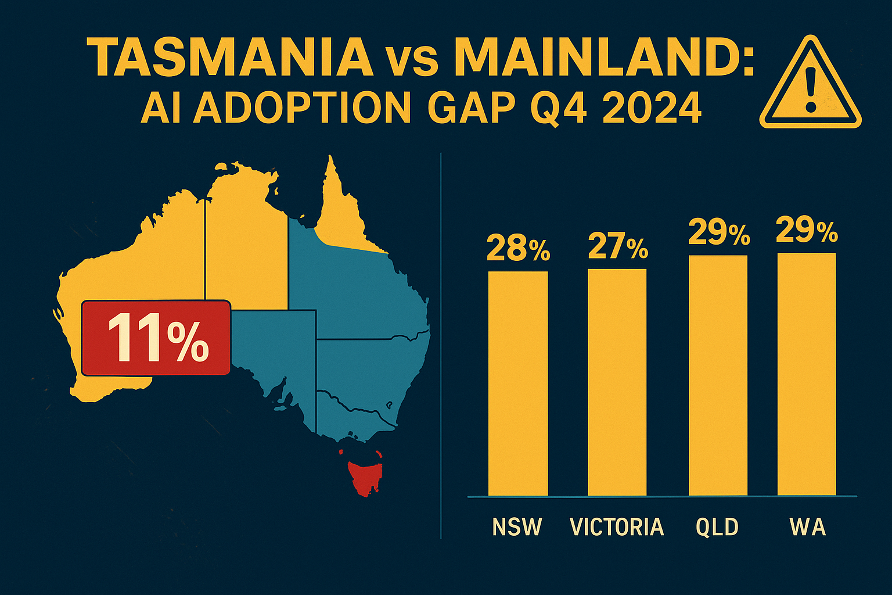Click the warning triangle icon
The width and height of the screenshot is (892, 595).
click(x=810, y=84)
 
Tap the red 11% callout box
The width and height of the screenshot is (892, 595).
click(x=156, y=338)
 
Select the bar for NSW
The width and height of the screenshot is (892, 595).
click(x=517, y=383)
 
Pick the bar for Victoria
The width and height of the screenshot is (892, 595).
click(x=617, y=382)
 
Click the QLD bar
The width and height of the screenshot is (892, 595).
click(x=718, y=375)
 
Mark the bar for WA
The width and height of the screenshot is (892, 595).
click(x=807, y=374)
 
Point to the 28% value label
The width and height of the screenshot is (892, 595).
click(x=518, y=248)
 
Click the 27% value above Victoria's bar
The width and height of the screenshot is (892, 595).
click(x=618, y=246)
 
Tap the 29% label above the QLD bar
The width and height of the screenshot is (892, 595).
click(x=719, y=233)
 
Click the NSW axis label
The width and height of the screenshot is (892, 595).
click(x=517, y=527)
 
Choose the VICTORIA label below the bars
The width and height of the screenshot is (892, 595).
click(x=617, y=527)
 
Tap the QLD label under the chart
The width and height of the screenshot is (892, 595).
click(x=717, y=527)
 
